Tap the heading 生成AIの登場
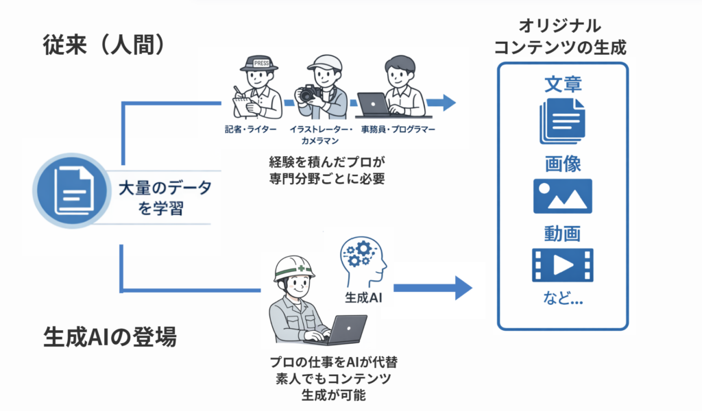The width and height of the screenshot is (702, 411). point(110,337)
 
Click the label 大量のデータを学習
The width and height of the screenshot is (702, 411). point(165,199)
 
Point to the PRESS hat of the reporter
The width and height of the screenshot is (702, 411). point(260,64)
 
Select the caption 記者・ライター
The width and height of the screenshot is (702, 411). point(250,130)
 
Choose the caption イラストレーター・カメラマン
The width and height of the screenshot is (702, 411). point(321,135)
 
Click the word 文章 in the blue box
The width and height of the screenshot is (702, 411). point(563,84)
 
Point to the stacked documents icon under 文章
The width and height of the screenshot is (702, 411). point(562,121)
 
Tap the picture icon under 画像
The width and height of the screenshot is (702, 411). point(562,197)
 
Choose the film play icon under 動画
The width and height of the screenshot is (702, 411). point(562,266)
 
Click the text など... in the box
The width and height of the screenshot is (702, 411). point(562,299)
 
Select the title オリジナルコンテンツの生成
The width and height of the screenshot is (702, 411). point(563,38)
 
